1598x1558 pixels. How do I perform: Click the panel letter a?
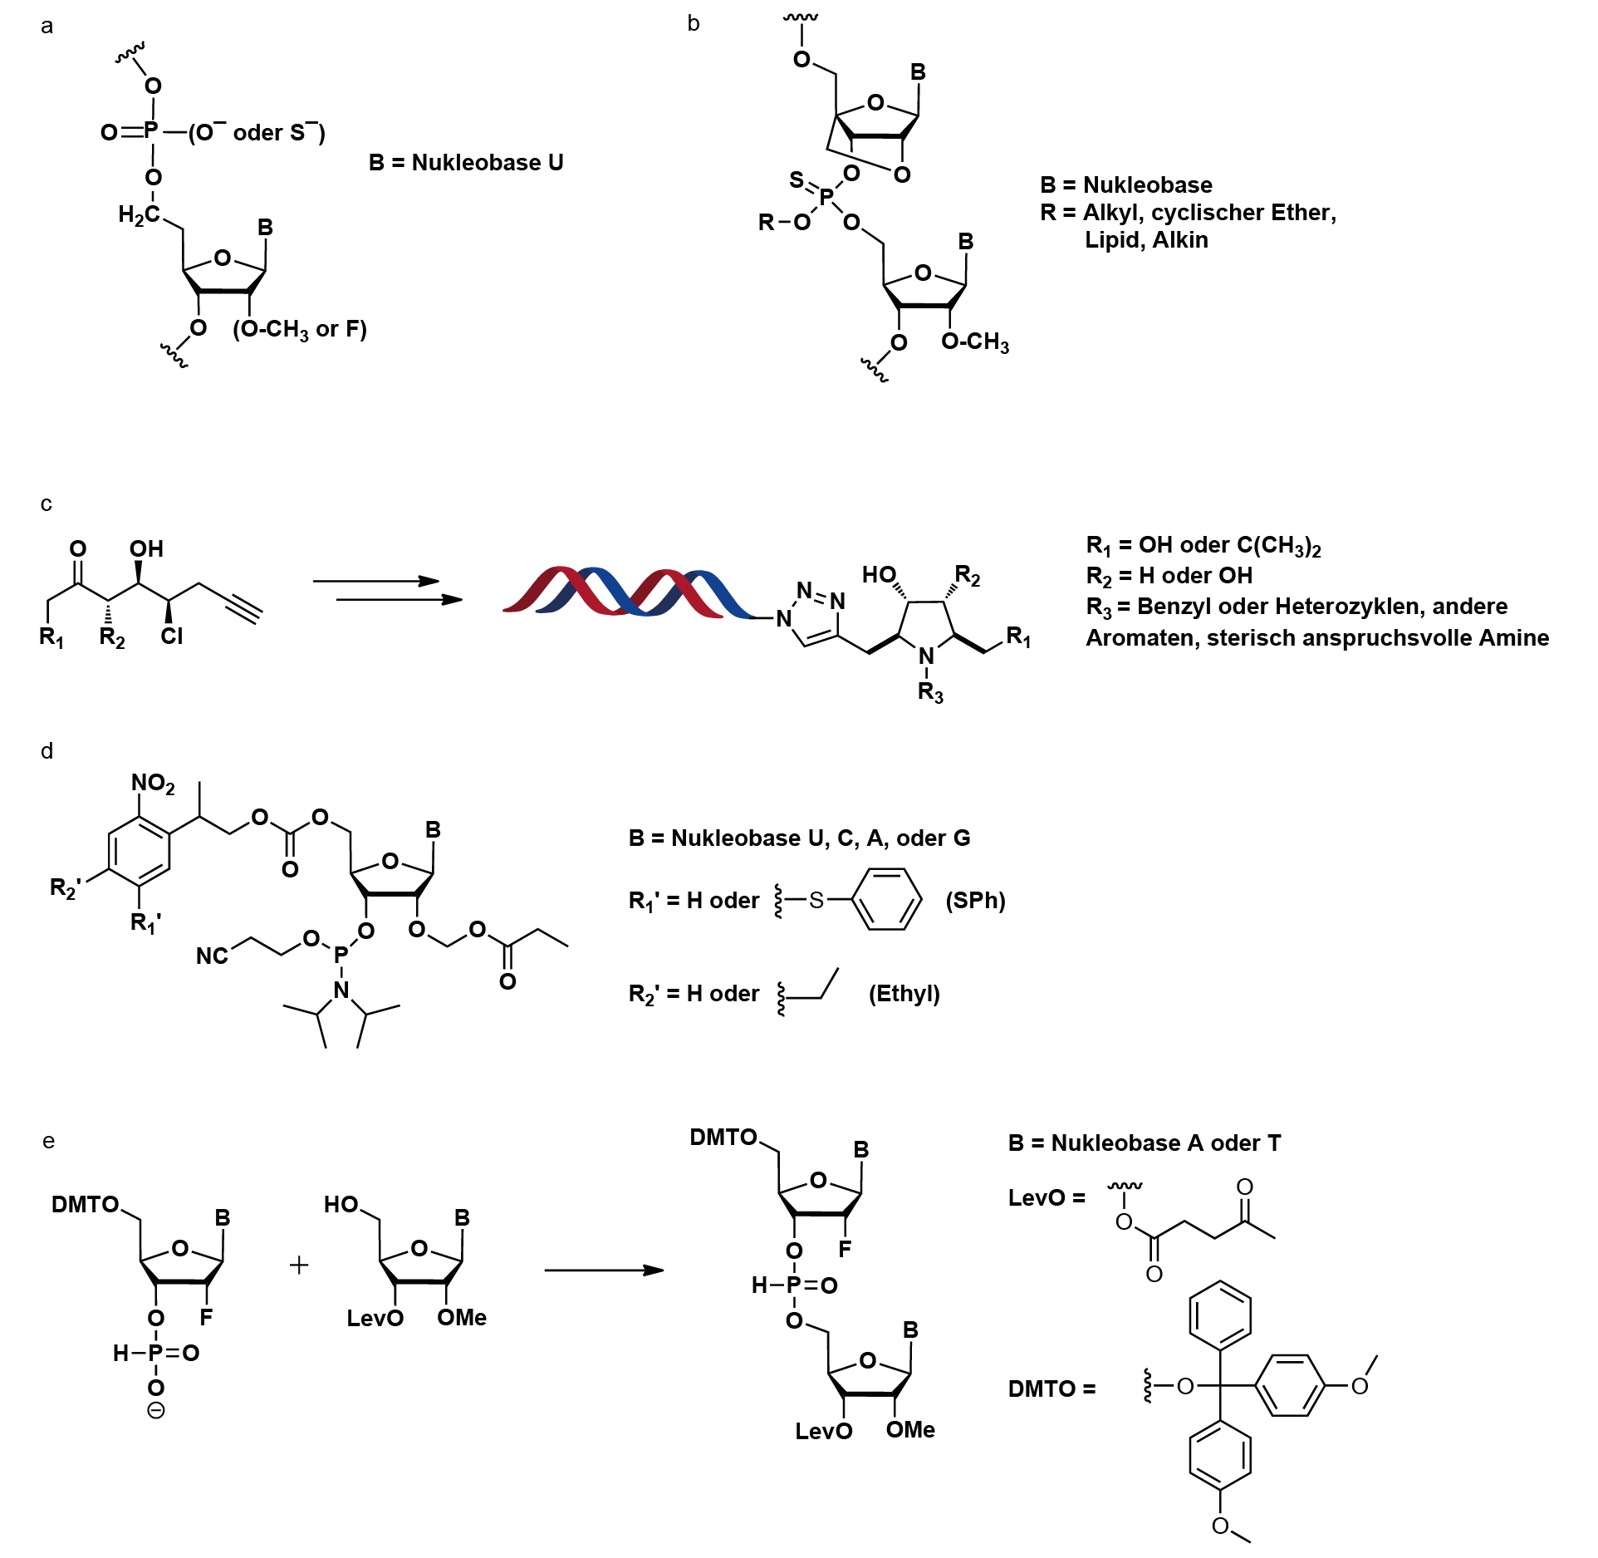(x=47, y=27)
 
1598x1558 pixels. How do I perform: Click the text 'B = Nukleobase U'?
(x=466, y=163)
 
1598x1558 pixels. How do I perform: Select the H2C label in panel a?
(x=139, y=215)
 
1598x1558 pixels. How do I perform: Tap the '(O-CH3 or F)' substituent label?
(x=300, y=330)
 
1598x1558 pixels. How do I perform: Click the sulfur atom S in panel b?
(x=797, y=179)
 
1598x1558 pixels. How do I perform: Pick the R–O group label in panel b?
(x=784, y=222)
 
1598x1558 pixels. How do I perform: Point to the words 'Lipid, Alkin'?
(x=1146, y=240)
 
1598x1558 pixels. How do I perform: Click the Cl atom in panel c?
(x=172, y=636)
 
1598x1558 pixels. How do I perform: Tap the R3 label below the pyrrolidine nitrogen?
(x=930, y=692)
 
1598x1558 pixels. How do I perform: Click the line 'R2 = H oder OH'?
(x=1169, y=576)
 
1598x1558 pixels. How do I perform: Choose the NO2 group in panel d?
(x=153, y=784)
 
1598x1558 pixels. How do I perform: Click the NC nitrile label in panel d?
(x=212, y=956)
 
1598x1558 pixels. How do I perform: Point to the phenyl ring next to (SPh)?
(x=888, y=900)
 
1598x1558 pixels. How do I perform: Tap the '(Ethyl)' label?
(x=904, y=994)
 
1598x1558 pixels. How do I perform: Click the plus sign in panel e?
(x=299, y=1266)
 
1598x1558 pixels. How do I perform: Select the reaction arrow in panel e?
(x=604, y=1270)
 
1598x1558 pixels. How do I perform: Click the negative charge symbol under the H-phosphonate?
(x=156, y=1410)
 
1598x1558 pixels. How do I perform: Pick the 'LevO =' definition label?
(x=1047, y=1198)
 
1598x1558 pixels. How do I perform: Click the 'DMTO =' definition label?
(x=1051, y=1389)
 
